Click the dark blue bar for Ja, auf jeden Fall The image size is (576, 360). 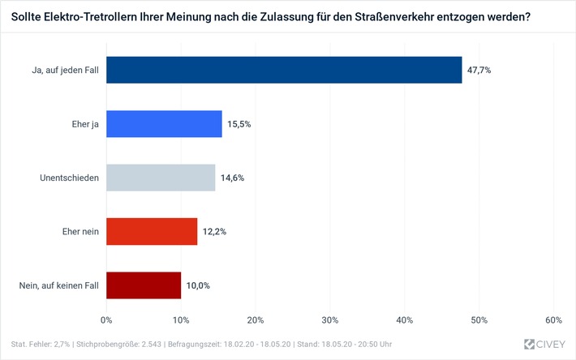tap(284, 70)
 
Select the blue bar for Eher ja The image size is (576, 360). tap(164, 123)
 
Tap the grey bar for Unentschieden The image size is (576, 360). tap(161, 178)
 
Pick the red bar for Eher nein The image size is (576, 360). tap(152, 231)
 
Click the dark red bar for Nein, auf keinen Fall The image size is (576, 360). tap(144, 285)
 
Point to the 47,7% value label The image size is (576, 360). tap(479, 70)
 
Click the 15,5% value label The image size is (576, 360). tap(239, 123)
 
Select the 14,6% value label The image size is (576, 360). tap(232, 178)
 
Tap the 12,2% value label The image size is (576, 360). tap(214, 231)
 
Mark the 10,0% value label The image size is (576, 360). tap(198, 285)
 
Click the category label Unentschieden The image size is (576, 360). tap(70, 178)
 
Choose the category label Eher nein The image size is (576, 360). tap(80, 231)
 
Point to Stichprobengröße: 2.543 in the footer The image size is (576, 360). tap(122, 344)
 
